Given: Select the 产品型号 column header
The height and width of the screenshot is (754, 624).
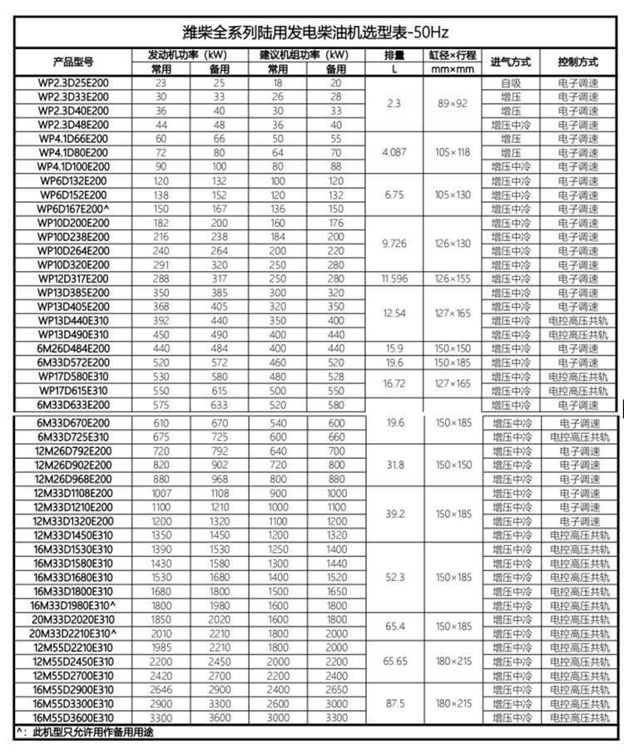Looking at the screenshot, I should [73, 62].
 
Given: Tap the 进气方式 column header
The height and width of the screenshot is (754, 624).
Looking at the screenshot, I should [510, 62].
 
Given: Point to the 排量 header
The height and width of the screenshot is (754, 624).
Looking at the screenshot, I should [394, 56].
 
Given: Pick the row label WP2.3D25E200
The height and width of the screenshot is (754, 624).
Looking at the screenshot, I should [73, 83].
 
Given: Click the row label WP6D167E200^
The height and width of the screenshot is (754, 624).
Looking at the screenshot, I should [73, 209].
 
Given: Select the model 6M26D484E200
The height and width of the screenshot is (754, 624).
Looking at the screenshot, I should [73, 348].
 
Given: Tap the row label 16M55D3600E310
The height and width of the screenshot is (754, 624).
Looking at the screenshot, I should [73, 717].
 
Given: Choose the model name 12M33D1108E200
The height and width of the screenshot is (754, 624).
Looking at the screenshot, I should [73, 493].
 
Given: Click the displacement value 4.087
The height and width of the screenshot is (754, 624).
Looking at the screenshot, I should [394, 153].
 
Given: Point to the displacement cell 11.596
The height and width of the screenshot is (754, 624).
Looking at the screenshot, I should [394, 278].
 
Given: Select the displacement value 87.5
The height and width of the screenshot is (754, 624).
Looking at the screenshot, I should [394, 702].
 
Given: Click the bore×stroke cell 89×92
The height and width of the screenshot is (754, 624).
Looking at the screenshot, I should [453, 104].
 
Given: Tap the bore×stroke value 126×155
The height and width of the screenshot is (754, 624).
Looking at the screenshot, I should [453, 278].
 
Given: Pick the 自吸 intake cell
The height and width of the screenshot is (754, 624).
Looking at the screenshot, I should [510, 83].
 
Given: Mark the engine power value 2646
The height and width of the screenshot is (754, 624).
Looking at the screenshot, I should [161, 689].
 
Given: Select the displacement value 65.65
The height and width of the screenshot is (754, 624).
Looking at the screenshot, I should [394, 661].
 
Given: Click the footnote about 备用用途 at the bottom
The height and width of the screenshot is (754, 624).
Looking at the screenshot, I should [87, 732].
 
